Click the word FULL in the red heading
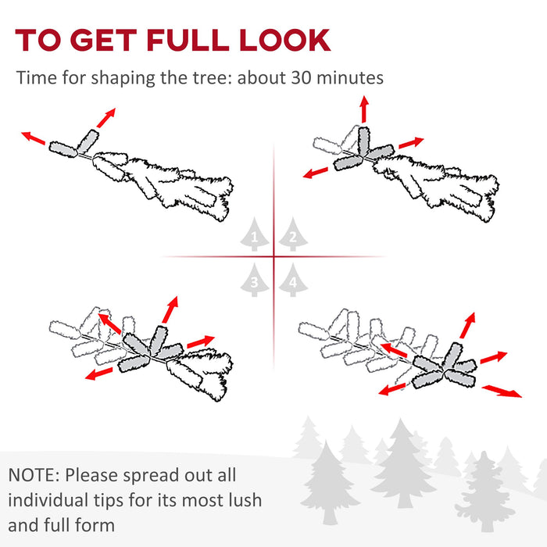tap(188, 40)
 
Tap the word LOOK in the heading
tap(284, 40)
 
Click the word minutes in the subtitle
tap(350, 77)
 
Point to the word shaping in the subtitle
tap(123, 78)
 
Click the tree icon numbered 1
tap(254, 234)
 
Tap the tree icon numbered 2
tap(293, 234)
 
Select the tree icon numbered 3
tap(254, 280)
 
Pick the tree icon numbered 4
tap(293, 280)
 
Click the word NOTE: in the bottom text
tap(34, 475)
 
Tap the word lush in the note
tap(245, 500)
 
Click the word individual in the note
tap(48, 500)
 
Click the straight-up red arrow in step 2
tap(365, 109)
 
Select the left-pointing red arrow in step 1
tap(33, 138)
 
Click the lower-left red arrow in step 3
tap(99, 374)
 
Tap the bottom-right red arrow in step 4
tap(502, 391)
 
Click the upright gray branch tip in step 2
tap(363, 141)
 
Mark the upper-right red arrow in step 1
tap(106, 118)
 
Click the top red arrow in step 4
tap(467, 326)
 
